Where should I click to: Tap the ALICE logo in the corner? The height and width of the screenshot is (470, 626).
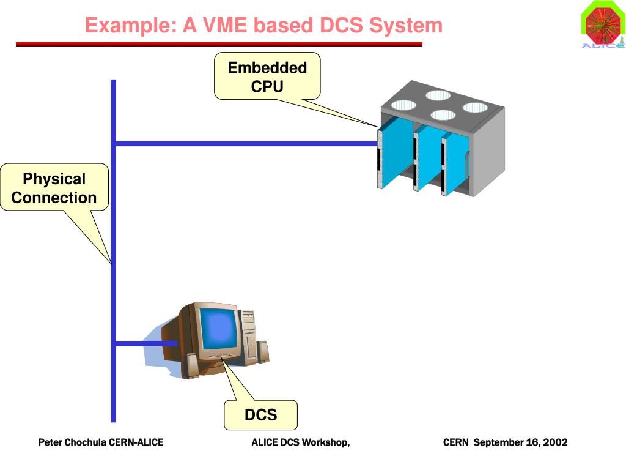pyautogui.click(x=603, y=24)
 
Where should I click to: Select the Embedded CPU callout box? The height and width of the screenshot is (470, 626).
pyautogui.click(x=267, y=76)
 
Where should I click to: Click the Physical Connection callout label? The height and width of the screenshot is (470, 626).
pyautogui.click(x=54, y=187)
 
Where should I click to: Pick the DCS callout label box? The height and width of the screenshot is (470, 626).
pyautogui.click(x=260, y=415)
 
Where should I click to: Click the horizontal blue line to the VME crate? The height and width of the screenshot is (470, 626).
pyautogui.click(x=246, y=143)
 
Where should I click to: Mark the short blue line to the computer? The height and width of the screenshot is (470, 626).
pyautogui.click(x=146, y=343)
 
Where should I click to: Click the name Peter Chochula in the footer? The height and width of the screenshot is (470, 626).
pyautogui.click(x=72, y=442)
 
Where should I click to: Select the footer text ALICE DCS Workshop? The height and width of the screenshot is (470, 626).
pyautogui.click(x=300, y=442)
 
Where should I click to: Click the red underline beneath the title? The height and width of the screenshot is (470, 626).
pyautogui.click(x=219, y=44)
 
